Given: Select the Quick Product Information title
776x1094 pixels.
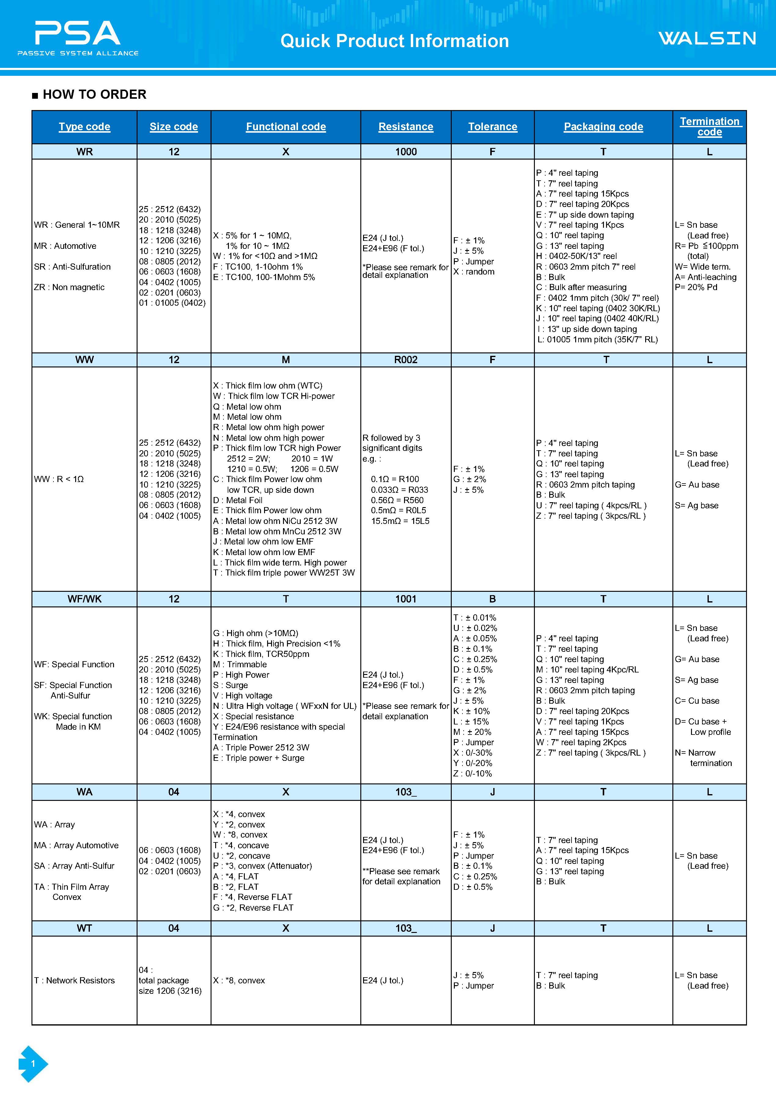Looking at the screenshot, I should point(394,41).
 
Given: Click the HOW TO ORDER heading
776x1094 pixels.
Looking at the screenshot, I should point(94,95).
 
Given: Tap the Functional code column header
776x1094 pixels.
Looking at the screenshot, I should point(286,127).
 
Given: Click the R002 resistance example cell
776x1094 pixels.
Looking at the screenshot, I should point(406,360).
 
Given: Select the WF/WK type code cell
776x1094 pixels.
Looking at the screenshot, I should point(85,599).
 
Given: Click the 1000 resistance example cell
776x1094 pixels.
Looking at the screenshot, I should point(406,152).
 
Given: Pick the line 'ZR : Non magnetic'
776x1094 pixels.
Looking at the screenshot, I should point(69,287).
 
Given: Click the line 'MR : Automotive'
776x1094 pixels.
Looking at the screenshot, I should point(65,246).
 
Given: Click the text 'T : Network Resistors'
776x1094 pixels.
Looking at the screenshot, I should point(75,980).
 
